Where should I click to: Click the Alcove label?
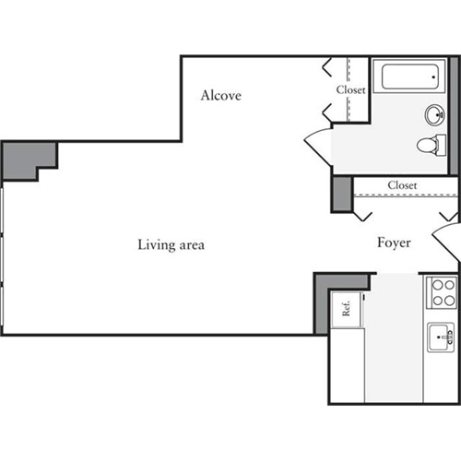[x=221, y=95]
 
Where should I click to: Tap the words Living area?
[x=171, y=245]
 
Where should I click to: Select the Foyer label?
[x=394, y=243]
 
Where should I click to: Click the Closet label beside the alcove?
[x=350, y=90]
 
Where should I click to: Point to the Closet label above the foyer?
[x=402, y=185]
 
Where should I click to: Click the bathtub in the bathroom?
[x=414, y=76]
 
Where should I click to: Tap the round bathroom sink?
[x=435, y=115]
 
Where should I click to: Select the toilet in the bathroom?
[x=431, y=145]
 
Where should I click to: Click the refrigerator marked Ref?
[x=348, y=309]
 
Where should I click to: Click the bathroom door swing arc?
[x=316, y=145]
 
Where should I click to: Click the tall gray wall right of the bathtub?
[x=454, y=111]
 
